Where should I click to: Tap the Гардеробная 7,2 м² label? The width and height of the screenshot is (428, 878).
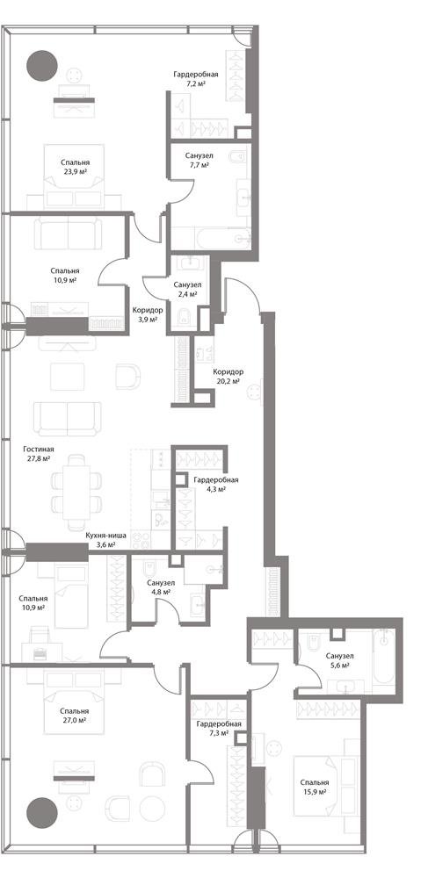[195, 78]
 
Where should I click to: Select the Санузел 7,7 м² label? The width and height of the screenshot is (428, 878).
[199, 161]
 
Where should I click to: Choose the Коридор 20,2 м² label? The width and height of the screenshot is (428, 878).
[228, 376]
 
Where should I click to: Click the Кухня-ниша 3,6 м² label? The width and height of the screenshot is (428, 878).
[105, 539]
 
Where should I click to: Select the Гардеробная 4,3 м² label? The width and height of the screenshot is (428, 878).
[215, 485]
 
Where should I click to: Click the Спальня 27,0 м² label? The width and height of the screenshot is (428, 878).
[76, 716]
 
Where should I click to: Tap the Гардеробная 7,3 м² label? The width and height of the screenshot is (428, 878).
[219, 728]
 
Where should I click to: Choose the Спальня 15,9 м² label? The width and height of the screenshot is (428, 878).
[314, 787]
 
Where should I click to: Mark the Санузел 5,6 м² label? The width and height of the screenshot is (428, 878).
[339, 661]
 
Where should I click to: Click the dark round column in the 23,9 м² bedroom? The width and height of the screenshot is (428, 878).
[42, 66]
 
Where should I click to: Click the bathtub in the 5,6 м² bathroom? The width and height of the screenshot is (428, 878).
[384, 656]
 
